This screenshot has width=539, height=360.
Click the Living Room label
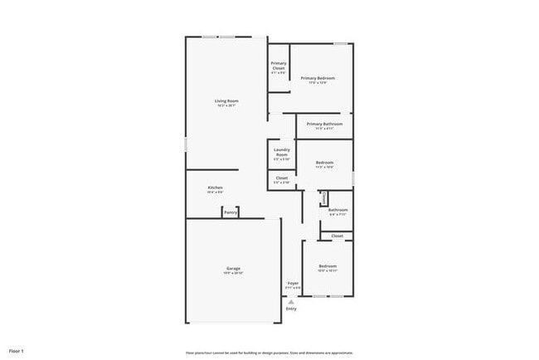click(226, 101)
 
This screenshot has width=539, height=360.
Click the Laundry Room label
click(281, 153)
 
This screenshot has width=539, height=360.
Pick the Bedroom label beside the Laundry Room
click(324, 163)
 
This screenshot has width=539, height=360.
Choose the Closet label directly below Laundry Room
click(281, 178)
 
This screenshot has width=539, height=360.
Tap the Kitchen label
click(215, 188)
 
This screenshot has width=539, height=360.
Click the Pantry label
click(231, 213)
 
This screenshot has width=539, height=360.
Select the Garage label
click(234, 268)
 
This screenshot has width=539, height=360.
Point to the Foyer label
click(293, 284)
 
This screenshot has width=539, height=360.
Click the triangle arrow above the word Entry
click(291, 302)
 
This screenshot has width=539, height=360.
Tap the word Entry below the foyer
click(291, 309)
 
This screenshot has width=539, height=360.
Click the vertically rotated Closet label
click(323, 198)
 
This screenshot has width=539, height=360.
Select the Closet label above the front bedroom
click(337, 236)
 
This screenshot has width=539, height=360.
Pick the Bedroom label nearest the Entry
click(328, 265)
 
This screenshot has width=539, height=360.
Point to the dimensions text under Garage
click(234, 273)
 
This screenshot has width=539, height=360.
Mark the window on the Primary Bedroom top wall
click(340, 43)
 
